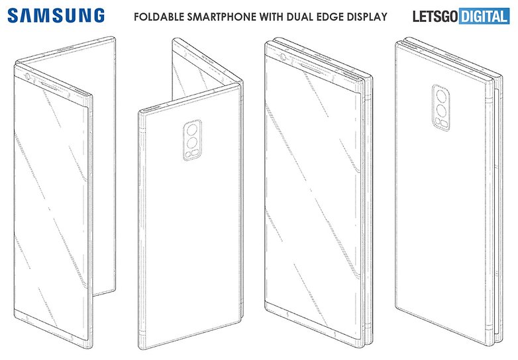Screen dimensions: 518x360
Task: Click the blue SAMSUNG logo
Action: [x=56, y=16]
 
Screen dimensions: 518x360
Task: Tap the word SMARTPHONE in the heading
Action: [x=222, y=17]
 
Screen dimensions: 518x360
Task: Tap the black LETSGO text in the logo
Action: [x=435, y=17]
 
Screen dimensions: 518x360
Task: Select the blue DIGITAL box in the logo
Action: [x=484, y=17]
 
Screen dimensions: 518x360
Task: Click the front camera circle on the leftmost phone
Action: [x=27, y=78]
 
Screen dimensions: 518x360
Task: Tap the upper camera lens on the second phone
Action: [x=192, y=130]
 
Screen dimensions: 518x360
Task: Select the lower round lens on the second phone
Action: [x=192, y=143]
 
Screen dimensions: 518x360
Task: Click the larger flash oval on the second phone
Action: [x=195, y=152]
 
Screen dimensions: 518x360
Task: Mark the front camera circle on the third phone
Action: [x=283, y=57]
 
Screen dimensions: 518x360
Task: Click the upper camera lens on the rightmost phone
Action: [x=440, y=97]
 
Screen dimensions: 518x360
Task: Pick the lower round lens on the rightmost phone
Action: [x=440, y=111]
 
